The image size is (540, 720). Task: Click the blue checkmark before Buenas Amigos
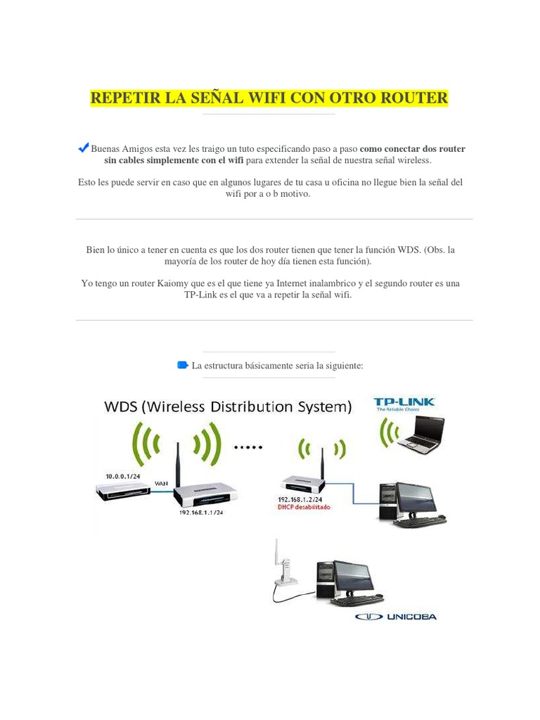tap(83, 148)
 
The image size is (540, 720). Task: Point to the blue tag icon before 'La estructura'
tap(184, 365)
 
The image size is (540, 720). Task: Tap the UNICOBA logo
tap(396, 617)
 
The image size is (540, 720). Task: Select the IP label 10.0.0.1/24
tap(122, 476)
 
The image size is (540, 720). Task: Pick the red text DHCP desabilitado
tap(304, 506)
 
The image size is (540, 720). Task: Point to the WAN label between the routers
tap(162, 482)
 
